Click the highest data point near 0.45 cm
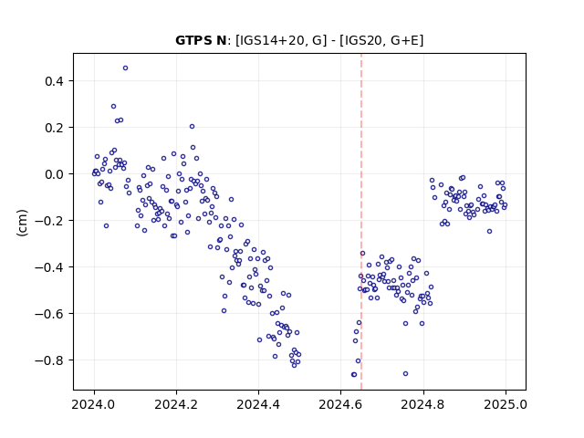(x=126, y=68)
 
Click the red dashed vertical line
(x=361, y=222)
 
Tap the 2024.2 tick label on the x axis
(x=176, y=404)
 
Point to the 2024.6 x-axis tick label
(x=340, y=404)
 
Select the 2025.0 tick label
(x=506, y=404)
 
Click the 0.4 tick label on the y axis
(x=54, y=81)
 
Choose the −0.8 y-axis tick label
(x=48, y=360)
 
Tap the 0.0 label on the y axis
(x=54, y=174)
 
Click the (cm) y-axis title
(x=22, y=223)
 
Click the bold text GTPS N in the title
(x=201, y=40)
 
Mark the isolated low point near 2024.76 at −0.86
(x=405, y=373)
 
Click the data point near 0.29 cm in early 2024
(x=113, y=107)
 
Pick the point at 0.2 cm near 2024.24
(x=192, y=127)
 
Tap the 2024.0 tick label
(x=94, y=404)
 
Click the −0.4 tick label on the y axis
(x=48, y=267)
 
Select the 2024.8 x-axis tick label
(x=422, y=404)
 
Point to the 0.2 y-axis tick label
(x=54, y=128)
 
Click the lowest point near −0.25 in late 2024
(x=489, y=231)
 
